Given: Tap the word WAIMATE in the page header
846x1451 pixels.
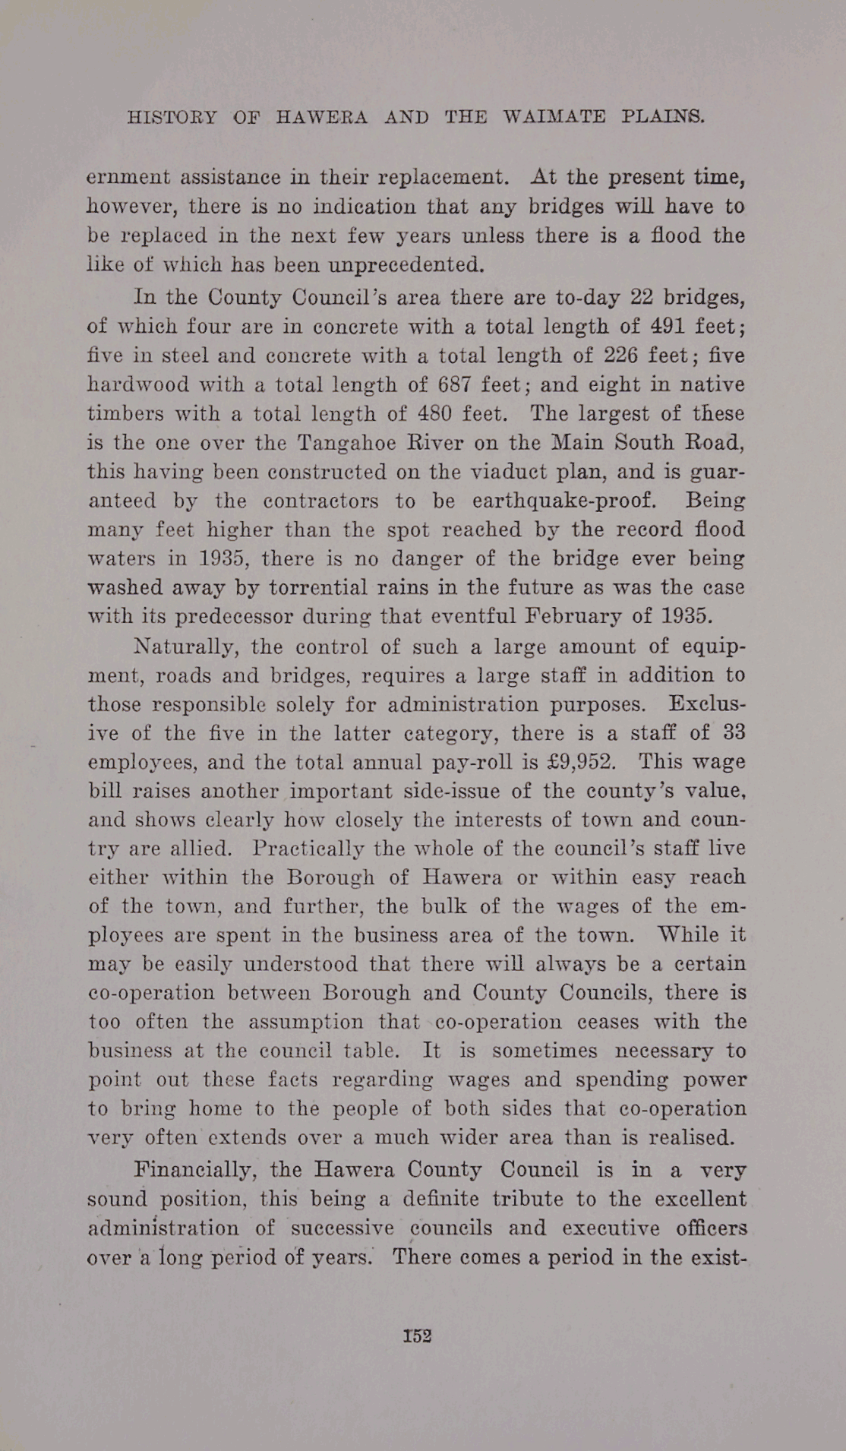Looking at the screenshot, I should click(554, 118).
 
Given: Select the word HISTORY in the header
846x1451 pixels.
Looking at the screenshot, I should click(172, 118).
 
